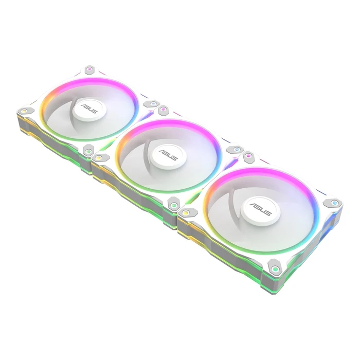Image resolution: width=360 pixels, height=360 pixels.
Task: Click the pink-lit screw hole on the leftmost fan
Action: [91, 69]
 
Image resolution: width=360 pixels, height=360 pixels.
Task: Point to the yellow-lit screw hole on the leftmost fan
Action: [23, 110]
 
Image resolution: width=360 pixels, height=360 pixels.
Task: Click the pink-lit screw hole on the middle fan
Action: [164, 110]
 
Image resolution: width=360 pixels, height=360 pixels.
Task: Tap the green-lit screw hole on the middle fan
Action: [174, 206]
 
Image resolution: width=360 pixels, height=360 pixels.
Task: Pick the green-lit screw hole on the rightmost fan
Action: [275, 268]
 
